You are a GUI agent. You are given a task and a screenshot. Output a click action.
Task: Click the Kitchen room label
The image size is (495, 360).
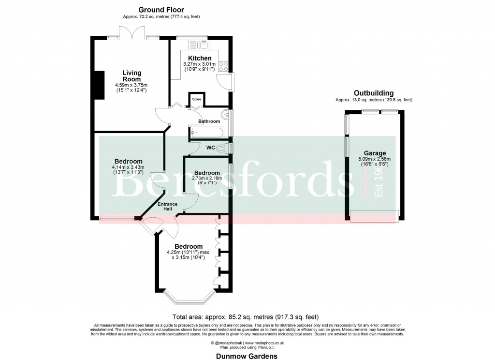[200, 58]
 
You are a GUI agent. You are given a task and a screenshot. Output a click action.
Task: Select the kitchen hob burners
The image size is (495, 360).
[223, 66]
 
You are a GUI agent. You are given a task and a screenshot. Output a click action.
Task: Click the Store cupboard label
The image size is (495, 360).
[197, 99]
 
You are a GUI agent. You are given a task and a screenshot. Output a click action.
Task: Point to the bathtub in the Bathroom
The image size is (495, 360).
[205, 131]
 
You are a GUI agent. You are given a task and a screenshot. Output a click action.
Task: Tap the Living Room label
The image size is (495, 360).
[131, 76]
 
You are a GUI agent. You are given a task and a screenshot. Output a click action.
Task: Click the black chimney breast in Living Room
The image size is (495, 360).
[100, 85]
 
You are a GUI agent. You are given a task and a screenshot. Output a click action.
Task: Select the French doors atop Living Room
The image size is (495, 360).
[131, 37]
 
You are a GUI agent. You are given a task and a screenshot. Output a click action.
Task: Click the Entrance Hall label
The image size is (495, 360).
[168, 206]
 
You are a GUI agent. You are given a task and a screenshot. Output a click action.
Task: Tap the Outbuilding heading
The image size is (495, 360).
[374, 93]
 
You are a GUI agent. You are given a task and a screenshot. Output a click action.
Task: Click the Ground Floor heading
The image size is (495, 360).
[161, 10]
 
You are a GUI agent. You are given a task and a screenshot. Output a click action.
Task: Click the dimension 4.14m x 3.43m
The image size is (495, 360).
[128, 168]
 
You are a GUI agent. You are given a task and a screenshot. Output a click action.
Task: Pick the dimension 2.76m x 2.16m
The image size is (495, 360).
[207, 179]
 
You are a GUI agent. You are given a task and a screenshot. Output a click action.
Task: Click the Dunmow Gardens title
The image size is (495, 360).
[247, 356]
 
